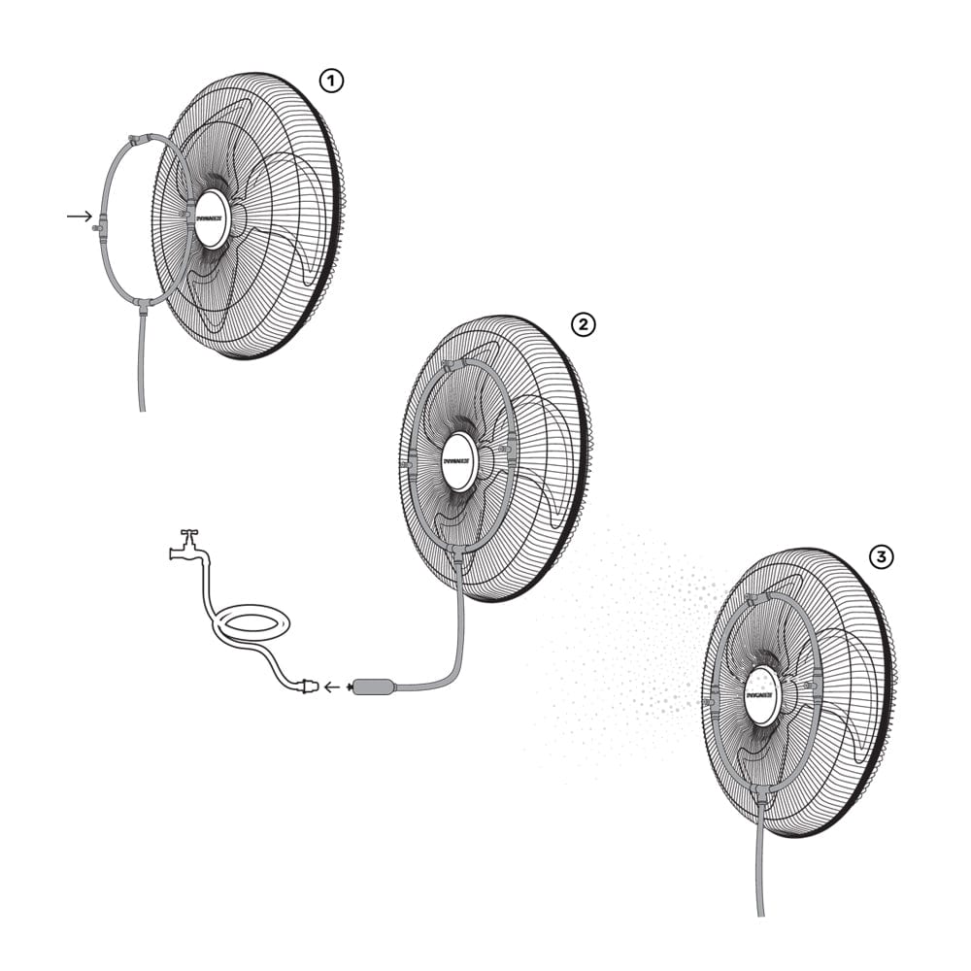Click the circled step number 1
pyautogui.click(x=332, y=82)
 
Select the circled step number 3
pyautogui.click(x=881, y=556)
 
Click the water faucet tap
pyautogui.click(x=186, y=547)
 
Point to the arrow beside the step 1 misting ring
pyautogui.click(x=79, y=216)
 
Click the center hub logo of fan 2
pyautogui.click(x=459, y=461)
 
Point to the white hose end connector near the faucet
pyautogui.click(x=308, y=686)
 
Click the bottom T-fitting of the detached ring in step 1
pyautogui.click(x=143, y=305)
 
